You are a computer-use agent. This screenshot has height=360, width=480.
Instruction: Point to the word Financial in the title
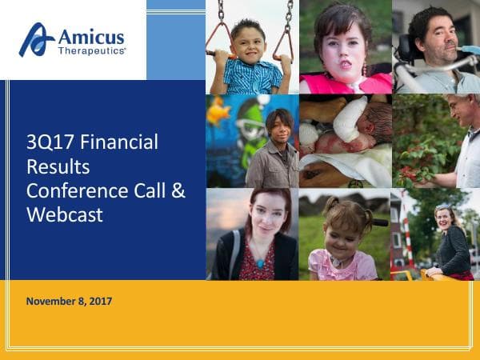(119, 142)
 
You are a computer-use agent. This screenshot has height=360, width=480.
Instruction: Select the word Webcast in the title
(65, 214)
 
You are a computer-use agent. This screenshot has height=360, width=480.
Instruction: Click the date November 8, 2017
(69, 302)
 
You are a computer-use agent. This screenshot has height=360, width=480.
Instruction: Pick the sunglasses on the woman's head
(442, 206)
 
